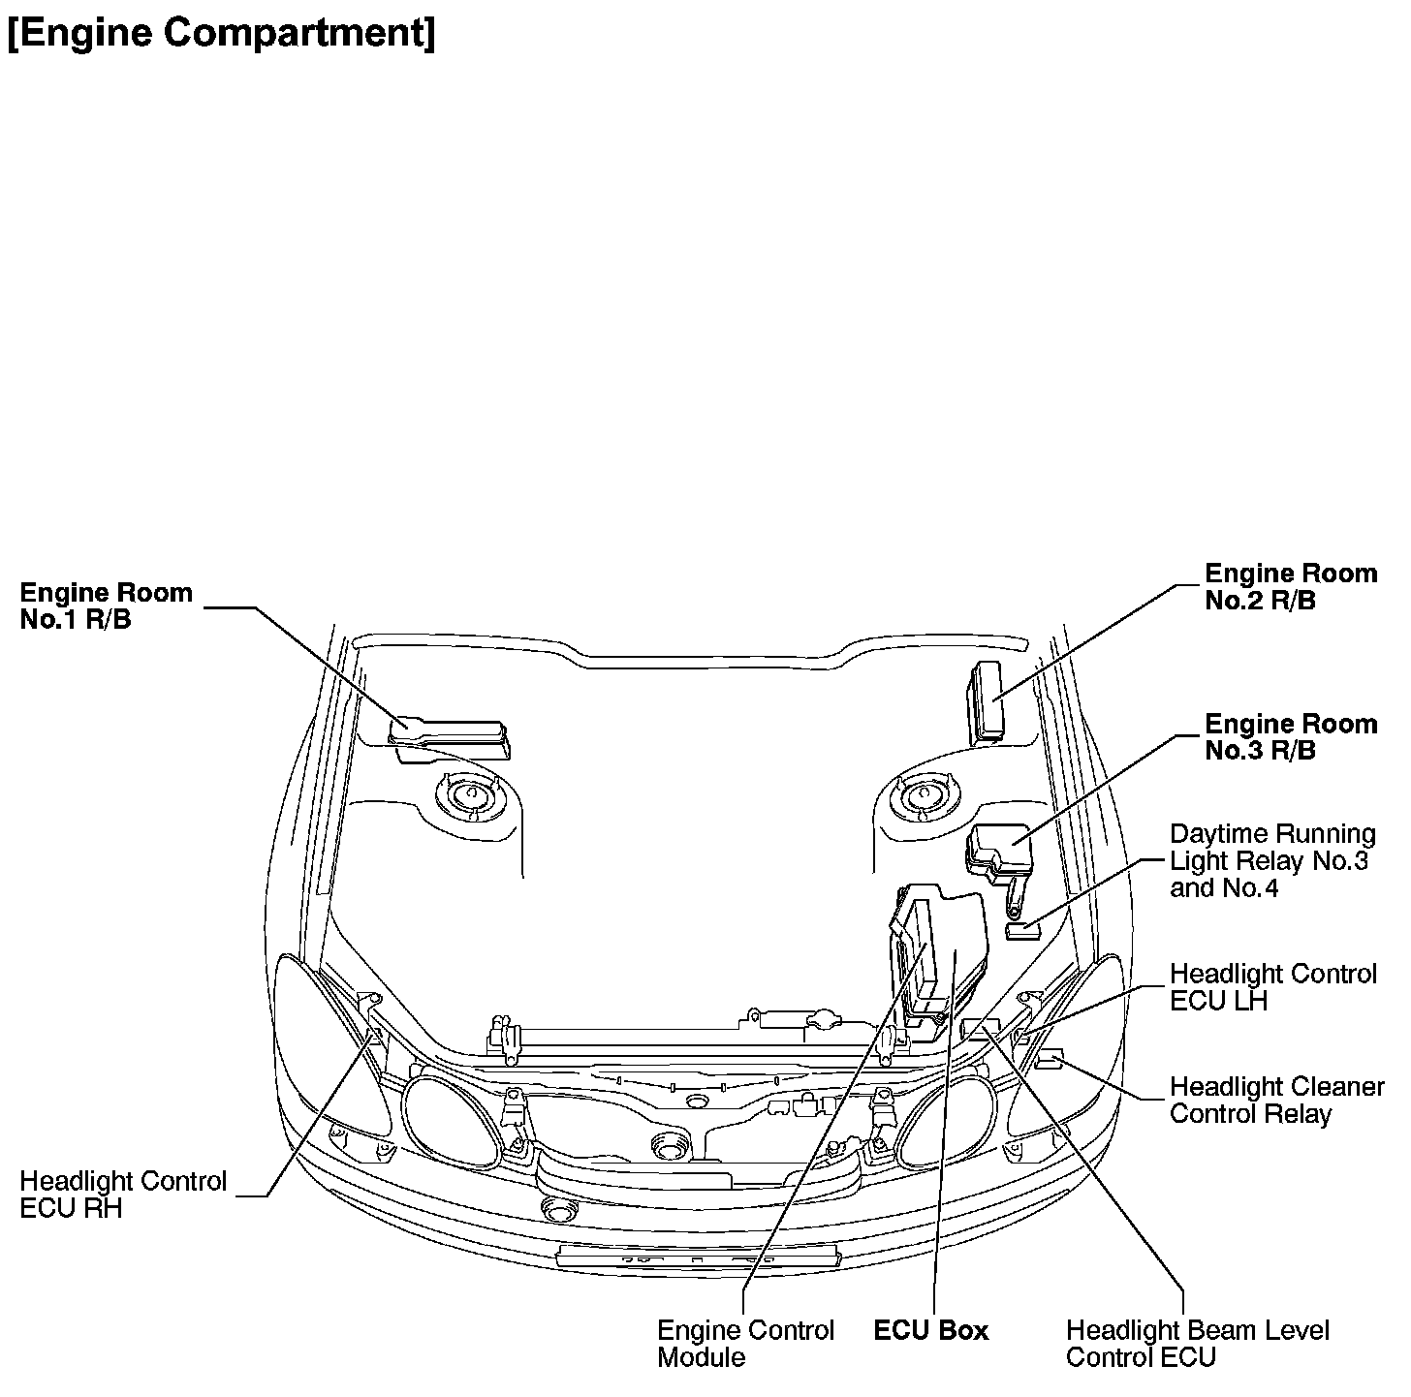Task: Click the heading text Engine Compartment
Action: point(221,33)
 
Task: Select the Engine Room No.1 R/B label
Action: point(106,606)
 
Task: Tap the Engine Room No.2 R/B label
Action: point(1290,587)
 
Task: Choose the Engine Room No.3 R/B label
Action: point(1290,737)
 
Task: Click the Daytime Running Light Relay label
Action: point(1271,861)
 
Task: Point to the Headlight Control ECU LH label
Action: point(1271,987)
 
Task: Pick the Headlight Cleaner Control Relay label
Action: point(1275,1101)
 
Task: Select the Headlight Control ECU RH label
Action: point(123,1195)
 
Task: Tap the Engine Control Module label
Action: point(744,1344)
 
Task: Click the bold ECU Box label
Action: point(930,1331)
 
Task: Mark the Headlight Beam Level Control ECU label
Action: point(1197,1344)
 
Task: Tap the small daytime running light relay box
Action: point(1022,931)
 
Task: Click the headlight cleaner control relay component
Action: point(1050,1060)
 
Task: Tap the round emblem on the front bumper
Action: point(558,1209)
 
